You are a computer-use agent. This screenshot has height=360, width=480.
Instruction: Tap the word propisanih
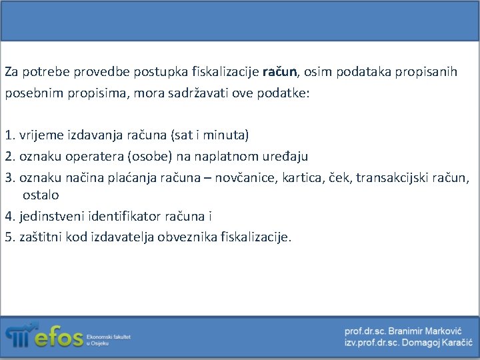[426, 71]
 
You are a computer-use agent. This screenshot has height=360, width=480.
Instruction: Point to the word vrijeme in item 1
[41, 135]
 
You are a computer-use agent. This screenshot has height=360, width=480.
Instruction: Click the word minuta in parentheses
[227, 135]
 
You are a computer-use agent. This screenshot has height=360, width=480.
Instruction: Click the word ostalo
[41, 195]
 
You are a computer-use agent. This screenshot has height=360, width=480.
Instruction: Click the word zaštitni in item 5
[42, 237]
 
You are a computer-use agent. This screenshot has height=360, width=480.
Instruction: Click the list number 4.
[9, 216]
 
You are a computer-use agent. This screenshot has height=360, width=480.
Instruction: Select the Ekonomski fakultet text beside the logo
[109, 337]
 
